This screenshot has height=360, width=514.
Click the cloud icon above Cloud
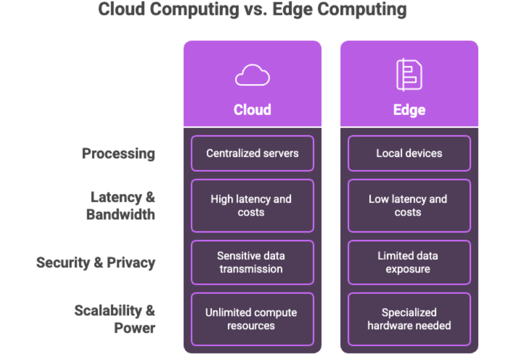(252, 76)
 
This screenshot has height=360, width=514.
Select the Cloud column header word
(252, 110)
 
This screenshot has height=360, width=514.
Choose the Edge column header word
(409, 110)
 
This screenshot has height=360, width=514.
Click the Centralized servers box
(252, 153)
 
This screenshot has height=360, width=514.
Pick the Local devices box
(409, 153)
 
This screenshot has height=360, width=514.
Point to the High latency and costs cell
(252, 206)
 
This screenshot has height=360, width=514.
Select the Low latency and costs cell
(409, 206)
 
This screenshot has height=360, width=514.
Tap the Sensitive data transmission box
(252, 262)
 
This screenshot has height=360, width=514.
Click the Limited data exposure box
(409, 262)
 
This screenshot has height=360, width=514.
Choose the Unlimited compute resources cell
(252, 319)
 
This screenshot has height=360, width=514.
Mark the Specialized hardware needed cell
(409, 319)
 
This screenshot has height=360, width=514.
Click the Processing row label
(118, 154)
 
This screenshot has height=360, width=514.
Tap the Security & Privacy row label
(96, 263)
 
